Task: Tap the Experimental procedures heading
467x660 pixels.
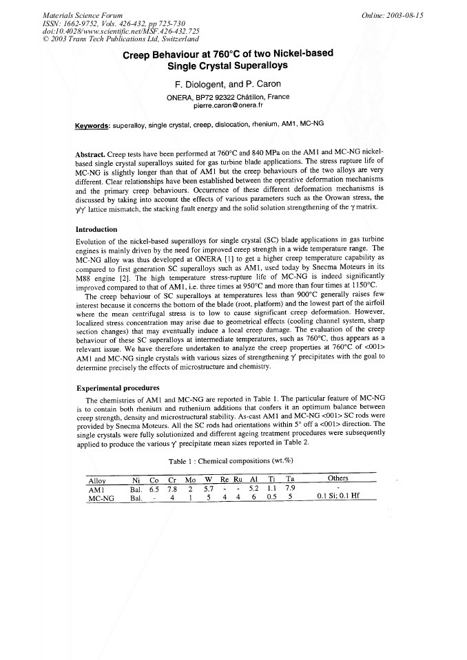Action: click(117, 387)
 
